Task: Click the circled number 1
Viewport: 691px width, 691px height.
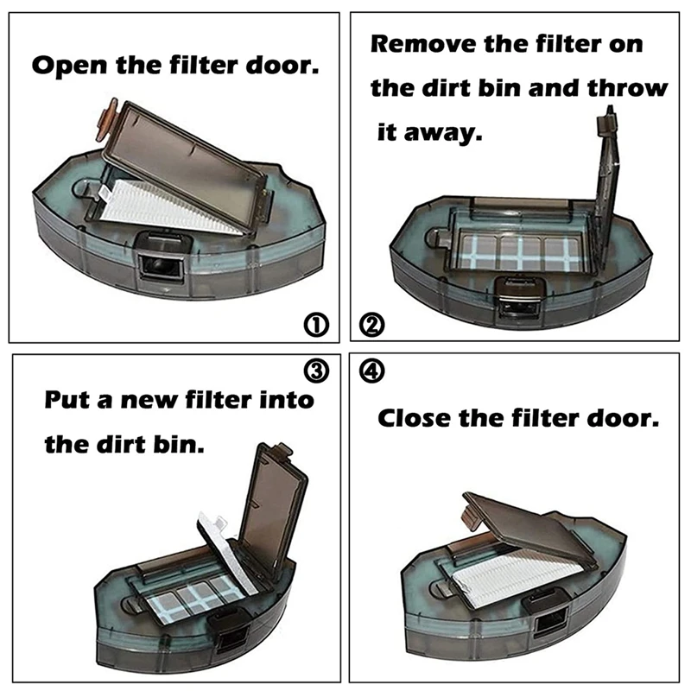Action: pyautogui.click(x=317, y=325)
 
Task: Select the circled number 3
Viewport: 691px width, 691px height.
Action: pyautogui.click(x=317, y=371)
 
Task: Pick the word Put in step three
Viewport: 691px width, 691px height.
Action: pyautogui.click(x=67, y=402)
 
